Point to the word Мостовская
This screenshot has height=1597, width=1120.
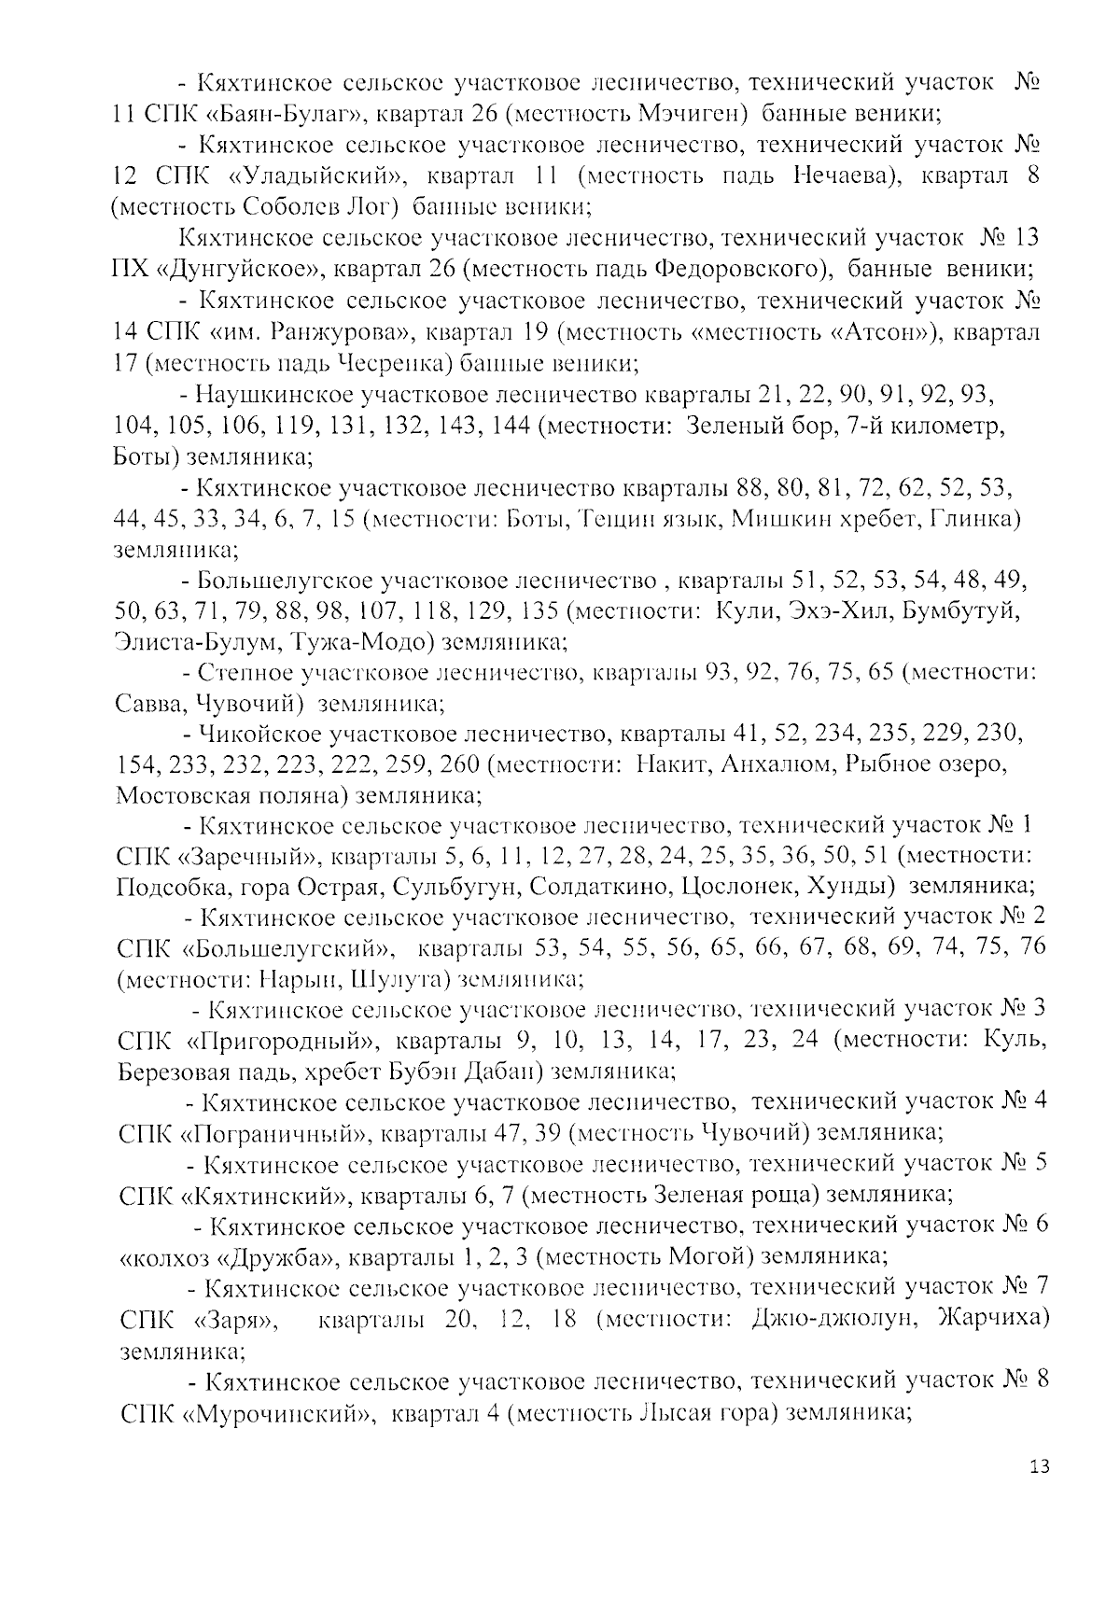point(178,796)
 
